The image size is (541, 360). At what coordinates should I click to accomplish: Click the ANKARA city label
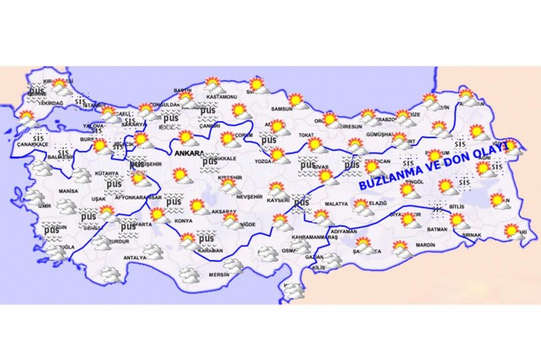pos(188,150)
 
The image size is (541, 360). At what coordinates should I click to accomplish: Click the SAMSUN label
pos(281,108)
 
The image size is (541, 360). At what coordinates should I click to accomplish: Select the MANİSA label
pos(68,191)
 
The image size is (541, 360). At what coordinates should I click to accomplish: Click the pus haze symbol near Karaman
pos(207,238)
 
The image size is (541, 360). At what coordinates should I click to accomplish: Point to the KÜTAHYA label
pos(106,174)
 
